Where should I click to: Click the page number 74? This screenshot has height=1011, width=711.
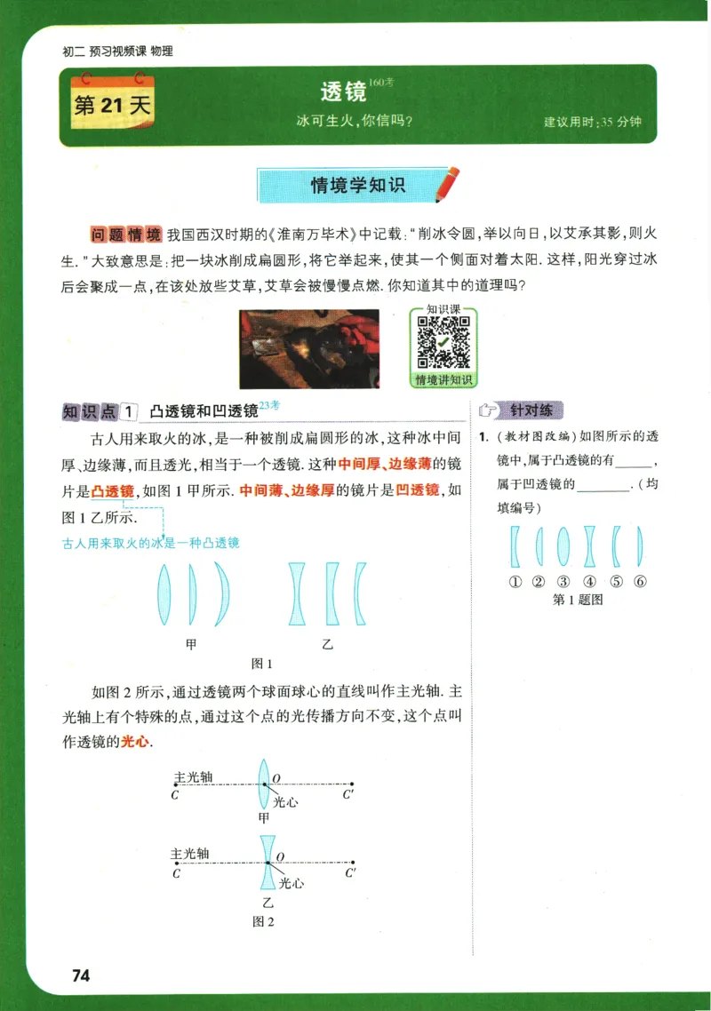click(x=81, y=975)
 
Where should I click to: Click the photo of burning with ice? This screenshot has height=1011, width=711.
click(x=309, y=348)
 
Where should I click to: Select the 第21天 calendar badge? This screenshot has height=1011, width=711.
click(x=113, y=106)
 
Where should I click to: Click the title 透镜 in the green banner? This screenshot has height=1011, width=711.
click(x=343, y=92)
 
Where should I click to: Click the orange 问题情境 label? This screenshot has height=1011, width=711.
click(x=126, y=235)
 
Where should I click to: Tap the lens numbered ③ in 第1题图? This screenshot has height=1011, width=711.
click(x=563, y=546)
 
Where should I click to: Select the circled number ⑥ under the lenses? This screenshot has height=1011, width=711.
click(x=639, y=582)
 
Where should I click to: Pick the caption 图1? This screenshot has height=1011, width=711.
click(x=262, y=664)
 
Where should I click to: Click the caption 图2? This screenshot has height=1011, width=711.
click(x=263, y=921)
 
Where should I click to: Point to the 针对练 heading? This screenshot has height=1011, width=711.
click(x=531, y=410)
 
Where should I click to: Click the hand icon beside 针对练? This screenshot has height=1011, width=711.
click(x=488, y=410)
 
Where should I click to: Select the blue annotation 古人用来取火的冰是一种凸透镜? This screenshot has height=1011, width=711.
click(x=150, y=543)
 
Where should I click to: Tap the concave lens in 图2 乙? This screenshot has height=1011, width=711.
click(x=266, y=861)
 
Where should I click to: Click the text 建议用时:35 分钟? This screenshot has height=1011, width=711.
click(x=592, y=122)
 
